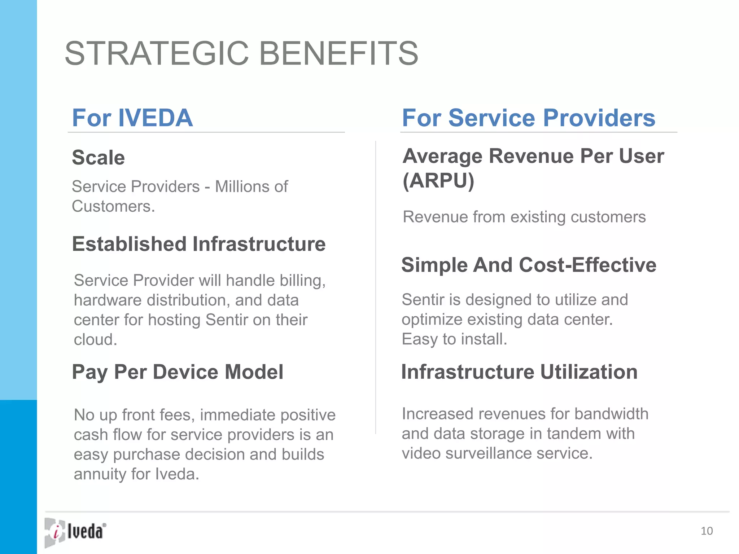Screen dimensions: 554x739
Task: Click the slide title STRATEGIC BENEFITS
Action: click(x=241, y=53)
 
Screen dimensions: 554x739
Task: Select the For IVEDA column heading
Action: click(x=132, y=118)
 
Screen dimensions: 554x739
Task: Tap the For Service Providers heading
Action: click(x=528, y=118)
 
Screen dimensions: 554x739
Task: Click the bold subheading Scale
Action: click(x=98, y=158)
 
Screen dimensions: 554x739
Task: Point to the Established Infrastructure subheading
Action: click(x=198, y=244)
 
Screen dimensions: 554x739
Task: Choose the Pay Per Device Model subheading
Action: click(x=178, y=372)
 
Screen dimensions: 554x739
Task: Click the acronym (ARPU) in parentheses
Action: click(x=438, y=181)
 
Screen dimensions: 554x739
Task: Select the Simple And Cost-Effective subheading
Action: click(x=529, y=265)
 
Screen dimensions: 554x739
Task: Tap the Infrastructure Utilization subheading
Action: click(x=519, y=372)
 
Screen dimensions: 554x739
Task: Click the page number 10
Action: click(x=707, y=531)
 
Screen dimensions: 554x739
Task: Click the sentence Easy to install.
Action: click(x=454, y=339)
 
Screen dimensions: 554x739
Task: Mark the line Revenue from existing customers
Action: click(x=524, y=217)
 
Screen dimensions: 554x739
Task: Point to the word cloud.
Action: click(x=95, y=340)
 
